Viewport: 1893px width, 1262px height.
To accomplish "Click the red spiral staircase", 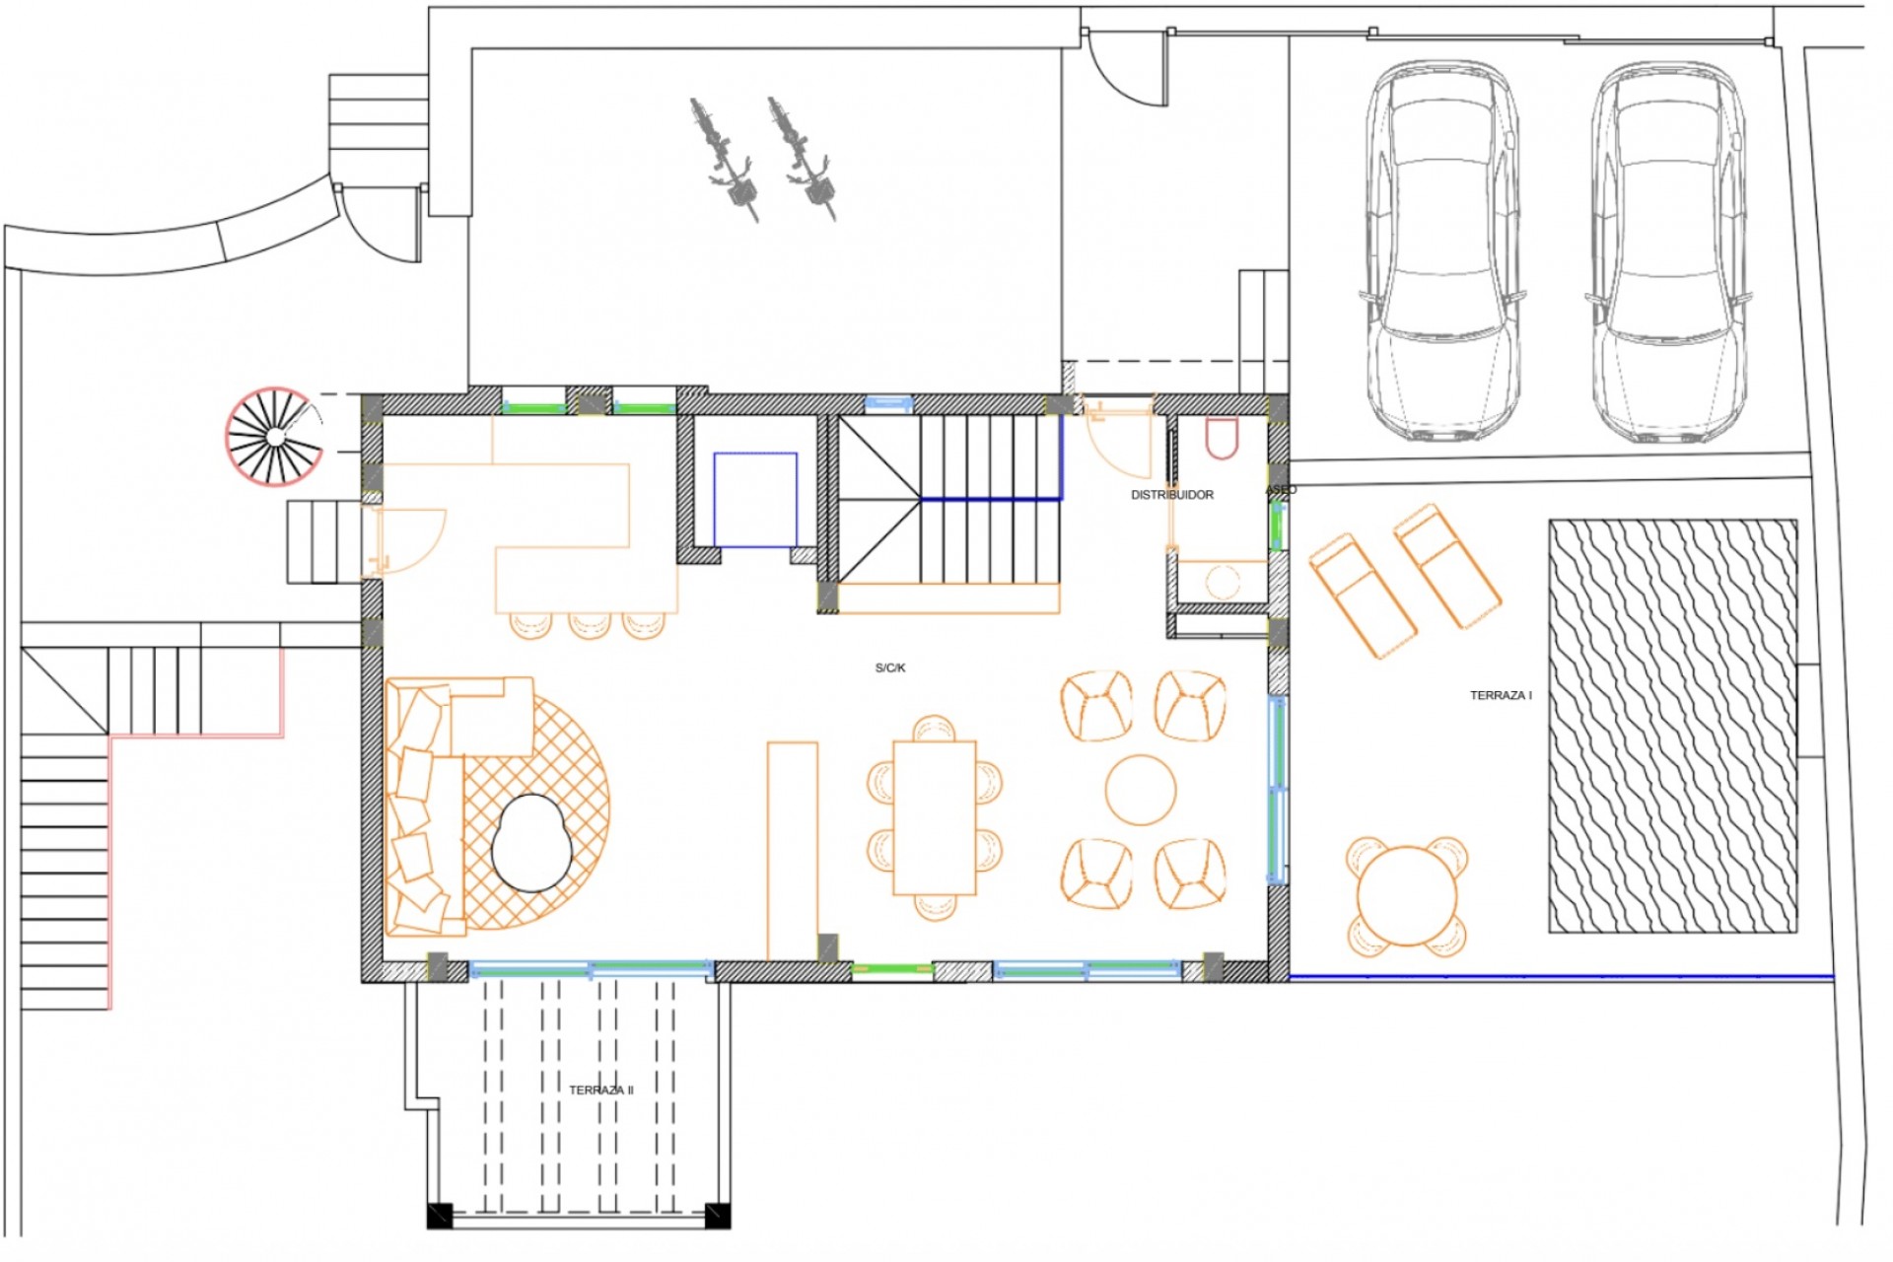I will [x=274, y=437].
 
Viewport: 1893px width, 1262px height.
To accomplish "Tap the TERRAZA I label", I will [x=1501, y=695].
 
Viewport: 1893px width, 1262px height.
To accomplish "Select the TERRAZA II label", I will [x=600, y=1089].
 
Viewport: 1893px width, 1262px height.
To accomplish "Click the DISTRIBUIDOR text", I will [x=1171, y=495].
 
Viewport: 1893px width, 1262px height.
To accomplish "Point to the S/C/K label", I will [x=889, y=667].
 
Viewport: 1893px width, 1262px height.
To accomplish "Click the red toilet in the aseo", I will [x=1222, y=438].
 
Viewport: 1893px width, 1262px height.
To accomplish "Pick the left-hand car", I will [x=1440, y=251].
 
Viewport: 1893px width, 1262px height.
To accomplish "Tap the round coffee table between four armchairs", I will [x=1141, y=790].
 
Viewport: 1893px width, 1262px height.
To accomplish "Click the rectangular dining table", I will [x=934, y=817].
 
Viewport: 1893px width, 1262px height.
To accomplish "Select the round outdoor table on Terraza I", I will [x=1406, y=896].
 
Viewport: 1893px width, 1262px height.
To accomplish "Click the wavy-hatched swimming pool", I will [x=1672, y=726].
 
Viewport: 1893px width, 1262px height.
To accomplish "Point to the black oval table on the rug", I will [x=531, y=843].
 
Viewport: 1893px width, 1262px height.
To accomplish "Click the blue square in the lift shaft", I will [x=754, y=499].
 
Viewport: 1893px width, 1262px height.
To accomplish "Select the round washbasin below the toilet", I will [x=1223, y=582].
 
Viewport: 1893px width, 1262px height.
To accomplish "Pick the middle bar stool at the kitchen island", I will [x=589, y=624].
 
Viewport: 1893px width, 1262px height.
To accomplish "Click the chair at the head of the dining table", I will [x=934, y=728].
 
